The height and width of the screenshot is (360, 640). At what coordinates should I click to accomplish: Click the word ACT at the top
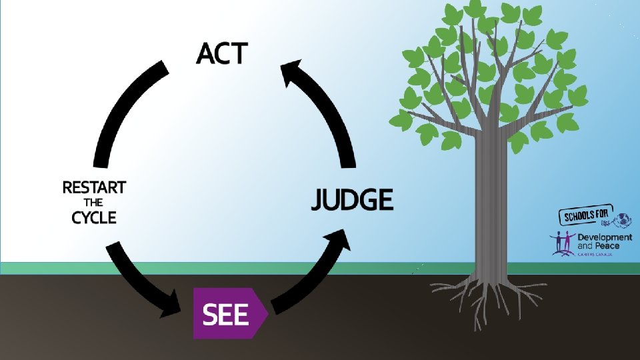click(222, 53)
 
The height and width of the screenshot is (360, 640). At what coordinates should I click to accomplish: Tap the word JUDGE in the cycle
click(352, 199)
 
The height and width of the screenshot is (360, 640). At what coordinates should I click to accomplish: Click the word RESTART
click(94, 187)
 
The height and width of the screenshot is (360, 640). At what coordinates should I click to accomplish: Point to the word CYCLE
click(94, 217)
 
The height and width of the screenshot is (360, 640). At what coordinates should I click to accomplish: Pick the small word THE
click(94, 203)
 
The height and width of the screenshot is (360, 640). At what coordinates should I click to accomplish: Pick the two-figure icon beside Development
click(563, 243)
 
